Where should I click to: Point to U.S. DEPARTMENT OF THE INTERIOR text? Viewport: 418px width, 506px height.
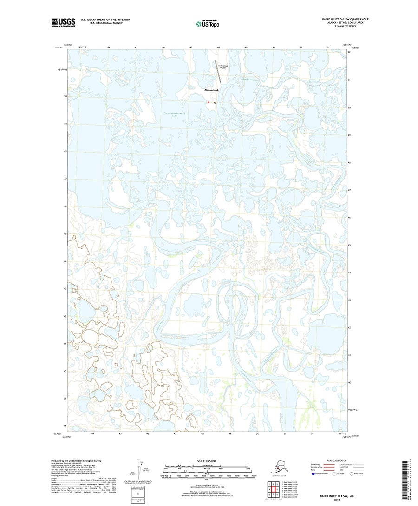pos(105,20)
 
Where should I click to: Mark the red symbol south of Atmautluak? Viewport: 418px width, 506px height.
pos(209,102)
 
